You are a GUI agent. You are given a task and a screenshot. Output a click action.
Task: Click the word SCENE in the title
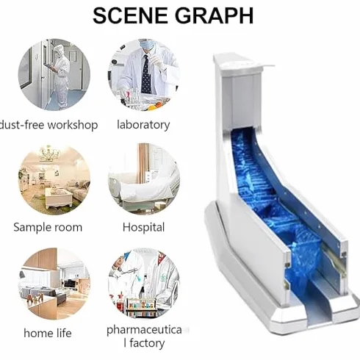tap(132, 15)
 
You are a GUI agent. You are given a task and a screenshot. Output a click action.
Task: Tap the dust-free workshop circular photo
tap(54, 75)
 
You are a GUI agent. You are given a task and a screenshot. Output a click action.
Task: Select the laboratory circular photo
tap(144, 75)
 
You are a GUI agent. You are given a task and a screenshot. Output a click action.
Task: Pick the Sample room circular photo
tap(54, 179)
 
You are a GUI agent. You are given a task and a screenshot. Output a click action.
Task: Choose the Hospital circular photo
tap(144, 179)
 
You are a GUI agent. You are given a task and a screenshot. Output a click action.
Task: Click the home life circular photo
tap(54, 284)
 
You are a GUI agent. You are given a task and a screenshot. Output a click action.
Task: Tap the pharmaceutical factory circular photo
tap(144, 284)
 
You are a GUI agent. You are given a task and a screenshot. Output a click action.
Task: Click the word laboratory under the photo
tap(143, 125)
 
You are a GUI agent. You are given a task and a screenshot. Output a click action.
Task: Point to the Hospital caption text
tap(143, 227)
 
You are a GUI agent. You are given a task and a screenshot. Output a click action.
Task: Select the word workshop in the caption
tap(73, 125)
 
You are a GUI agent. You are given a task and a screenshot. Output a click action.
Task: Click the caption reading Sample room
tap(48, 227)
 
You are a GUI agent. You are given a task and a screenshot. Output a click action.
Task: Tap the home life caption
tap(48, 333)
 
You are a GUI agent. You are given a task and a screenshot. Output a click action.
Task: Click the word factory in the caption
tap(147, 343)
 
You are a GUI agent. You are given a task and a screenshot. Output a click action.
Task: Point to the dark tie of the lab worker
tap(146, 74)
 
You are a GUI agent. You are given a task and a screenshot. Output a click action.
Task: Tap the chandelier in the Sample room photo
tap(50, 154)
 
